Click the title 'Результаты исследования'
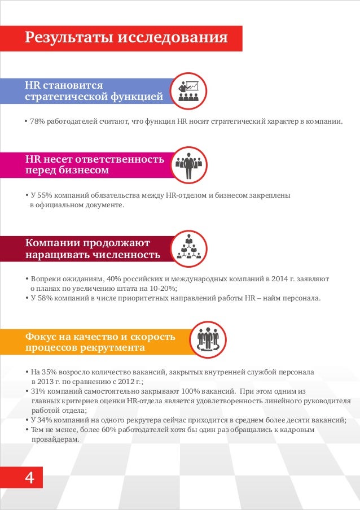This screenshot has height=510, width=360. click(x=126, y=38)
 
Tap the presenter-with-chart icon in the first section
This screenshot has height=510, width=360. click(x=188, y=91)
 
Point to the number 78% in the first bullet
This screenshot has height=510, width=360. click(x=37, y=121)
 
